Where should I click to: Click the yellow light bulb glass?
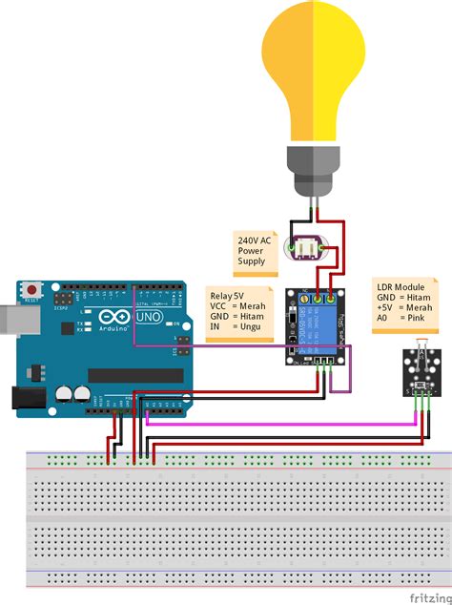point(315,67)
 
